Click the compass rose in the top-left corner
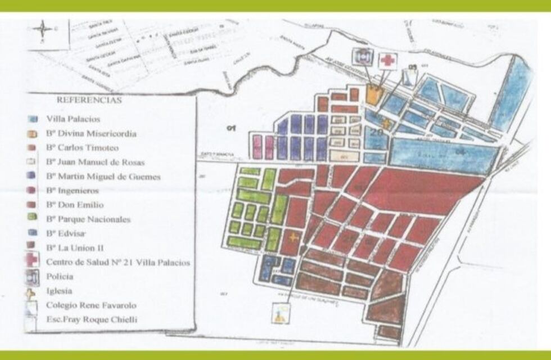click(x=43, y=29)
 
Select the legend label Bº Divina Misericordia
click(x=91, y=134)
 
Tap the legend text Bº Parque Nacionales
click(x=88, y=219)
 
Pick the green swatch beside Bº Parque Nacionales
click(x=33, y=219)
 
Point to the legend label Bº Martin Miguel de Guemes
click(x=103, y=177)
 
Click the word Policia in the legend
click(x=60, y=276)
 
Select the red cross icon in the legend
click(x=32, y=261)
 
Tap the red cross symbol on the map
click(x=387, y=60)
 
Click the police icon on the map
click(x=363, y=56)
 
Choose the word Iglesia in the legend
click(x=60, y=291)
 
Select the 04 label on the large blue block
click(x=460, y=152)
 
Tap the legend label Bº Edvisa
click(x=66, y=233)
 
